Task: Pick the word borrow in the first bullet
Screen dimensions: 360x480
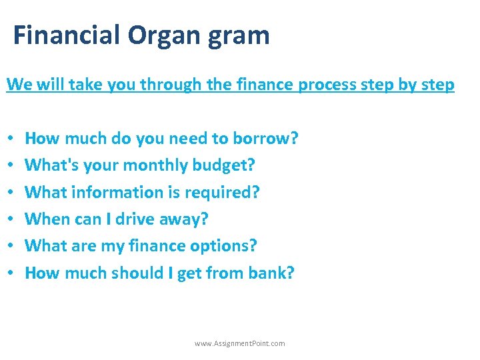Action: click(x=263, y=139)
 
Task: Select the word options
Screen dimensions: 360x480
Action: click(x=222, y=246)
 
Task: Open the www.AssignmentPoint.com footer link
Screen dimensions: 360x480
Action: click(x=239, y=343)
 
